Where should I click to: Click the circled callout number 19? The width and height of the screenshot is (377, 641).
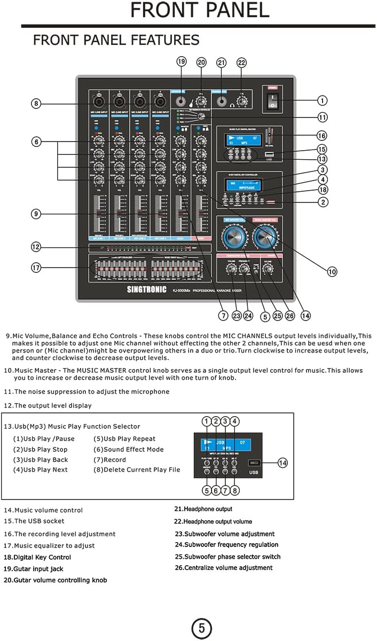click(x=182, y=62)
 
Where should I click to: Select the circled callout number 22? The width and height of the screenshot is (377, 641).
click(x=242, y=62)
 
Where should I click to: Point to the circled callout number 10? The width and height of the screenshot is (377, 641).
click(x=332, y=271)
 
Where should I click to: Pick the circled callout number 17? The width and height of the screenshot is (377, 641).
click(x=36, y=268)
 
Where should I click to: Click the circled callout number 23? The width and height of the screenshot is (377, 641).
click(x=237, y=316)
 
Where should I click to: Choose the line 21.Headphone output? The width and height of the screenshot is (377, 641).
click(x=203, y=509)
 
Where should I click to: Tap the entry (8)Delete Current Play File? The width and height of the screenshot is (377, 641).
click(x=137, y=470)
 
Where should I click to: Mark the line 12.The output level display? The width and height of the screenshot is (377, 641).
click(x=48, y=405)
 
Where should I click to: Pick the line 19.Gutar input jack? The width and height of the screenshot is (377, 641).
click(x=33, y=569)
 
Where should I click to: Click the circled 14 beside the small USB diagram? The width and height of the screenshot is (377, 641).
click(x=283, y=463)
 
